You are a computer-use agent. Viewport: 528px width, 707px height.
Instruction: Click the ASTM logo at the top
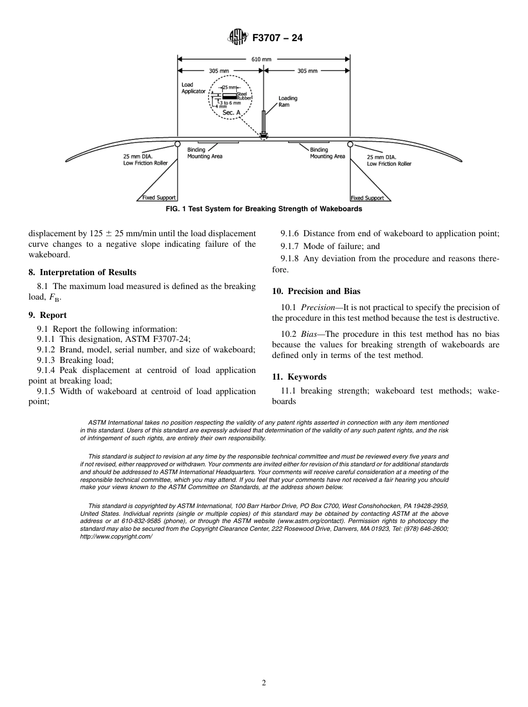click(x=238, y=38)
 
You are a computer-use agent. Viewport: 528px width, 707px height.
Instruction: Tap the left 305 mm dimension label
click(x=218, y=71)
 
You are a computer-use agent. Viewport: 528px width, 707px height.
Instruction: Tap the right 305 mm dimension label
click(x=307, y=71)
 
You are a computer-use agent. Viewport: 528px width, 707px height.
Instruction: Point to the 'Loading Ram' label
click(x=288, y=101)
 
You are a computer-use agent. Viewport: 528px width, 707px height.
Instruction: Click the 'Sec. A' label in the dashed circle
click(x=231, y=112)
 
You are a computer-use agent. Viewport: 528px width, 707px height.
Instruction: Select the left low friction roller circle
click(x=177, y=143)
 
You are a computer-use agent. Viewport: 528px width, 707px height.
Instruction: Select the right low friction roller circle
click(x=350, y=144)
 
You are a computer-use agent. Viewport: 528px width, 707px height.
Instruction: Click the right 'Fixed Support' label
click(x=367, y=198)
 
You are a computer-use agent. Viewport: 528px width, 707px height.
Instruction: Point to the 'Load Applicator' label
click(x=193, y=88)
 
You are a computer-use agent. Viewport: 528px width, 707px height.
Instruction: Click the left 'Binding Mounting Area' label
click(x=205, y=153)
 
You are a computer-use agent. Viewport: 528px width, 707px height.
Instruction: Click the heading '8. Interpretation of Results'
click(x=82, y=272)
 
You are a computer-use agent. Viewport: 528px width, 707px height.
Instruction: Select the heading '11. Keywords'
click(x=299, y=377)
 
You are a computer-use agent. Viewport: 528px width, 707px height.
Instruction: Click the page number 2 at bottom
click(x=264, y=683)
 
